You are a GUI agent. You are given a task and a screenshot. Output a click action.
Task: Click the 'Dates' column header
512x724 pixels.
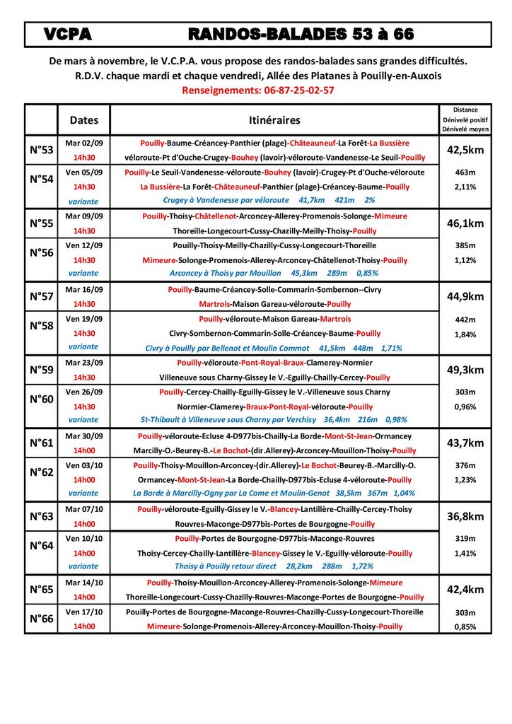click(84, 119)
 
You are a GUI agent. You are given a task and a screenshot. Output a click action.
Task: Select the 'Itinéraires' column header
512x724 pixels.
click(274, 119)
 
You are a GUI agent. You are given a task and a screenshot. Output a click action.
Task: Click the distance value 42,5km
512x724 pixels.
click(465, 150)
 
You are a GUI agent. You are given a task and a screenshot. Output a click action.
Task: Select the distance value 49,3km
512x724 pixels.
click(465, 370)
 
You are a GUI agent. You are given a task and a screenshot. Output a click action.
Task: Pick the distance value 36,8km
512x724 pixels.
click(465, 516)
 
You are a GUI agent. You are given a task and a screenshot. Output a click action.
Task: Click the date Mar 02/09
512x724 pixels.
click(84, 143)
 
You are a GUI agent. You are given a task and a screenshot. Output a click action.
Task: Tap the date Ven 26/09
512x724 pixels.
click(84, 392)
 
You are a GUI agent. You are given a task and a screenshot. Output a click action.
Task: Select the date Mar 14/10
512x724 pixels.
click(84, 583)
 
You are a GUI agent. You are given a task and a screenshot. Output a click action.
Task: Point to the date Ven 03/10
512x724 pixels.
click(84, 465)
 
